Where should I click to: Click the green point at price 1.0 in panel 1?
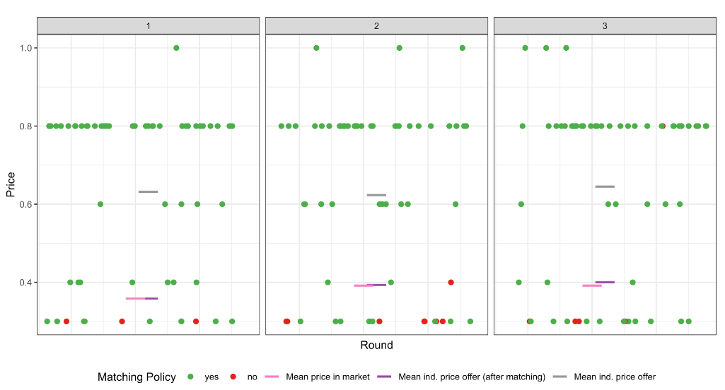(x=176, y=48)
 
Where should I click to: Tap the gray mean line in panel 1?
(x=148, y=191)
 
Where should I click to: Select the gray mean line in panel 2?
(x=376, y=194)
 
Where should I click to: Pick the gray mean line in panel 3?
(x=605, y=187)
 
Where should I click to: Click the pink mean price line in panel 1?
(x=134, y=299)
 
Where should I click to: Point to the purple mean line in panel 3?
(x=606, y=282)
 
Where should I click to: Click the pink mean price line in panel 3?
(x=591, y=285)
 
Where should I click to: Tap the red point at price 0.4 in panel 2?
(x=451, y=283)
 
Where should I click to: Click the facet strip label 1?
(x=148, y=25)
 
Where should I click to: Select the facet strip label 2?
(x=376, y=25)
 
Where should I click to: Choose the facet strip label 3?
(x=605, y=25)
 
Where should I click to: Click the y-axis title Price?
(x=11, y=184)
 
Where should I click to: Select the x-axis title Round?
(x=376, y=345)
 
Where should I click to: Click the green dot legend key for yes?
(x=192, y=377)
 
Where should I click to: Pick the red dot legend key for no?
(x=234, y=377)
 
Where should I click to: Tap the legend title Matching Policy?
(x=137, y=377)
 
